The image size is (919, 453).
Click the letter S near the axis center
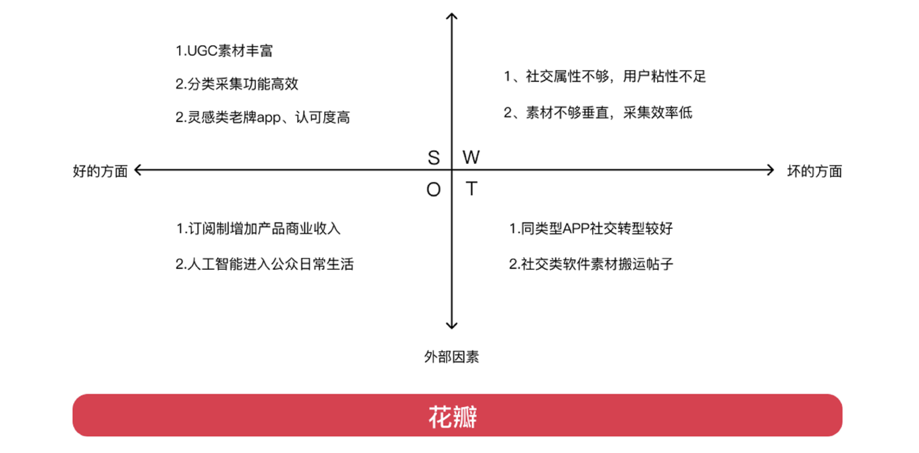[434, 158]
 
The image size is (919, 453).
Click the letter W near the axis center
[471, 157]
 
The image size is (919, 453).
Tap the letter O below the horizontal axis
[434, 189]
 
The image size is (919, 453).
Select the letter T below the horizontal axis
[472, 188]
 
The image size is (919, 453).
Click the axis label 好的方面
[100, 171]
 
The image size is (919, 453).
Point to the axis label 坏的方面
[815, 171]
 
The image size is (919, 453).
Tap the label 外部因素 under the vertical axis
[451, 357]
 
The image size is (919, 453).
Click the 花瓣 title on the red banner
[453, 417]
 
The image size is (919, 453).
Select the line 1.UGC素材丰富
[224, 51]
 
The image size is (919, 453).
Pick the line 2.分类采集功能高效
[237, 84]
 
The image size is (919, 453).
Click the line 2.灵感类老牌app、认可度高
[263, 117]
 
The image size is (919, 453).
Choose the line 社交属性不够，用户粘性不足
[605, 77]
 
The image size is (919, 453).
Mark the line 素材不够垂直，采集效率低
[598, 113]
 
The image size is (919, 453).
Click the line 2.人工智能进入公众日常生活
[264, 264]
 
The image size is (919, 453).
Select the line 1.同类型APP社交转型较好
[591, 229]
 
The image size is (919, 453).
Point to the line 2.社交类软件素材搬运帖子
[591, 264]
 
